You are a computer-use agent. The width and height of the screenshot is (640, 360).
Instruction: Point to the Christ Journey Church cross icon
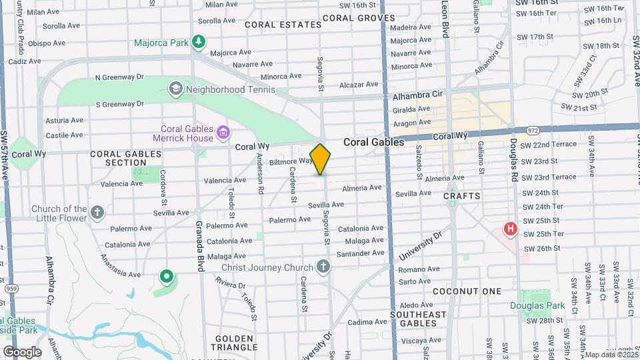pos(323,267)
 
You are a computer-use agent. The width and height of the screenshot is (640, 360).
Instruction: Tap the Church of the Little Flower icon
pos(97,213)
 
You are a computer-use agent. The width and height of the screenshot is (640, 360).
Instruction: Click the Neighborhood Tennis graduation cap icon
pos(175,88)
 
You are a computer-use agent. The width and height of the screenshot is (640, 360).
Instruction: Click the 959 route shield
pos(11,289)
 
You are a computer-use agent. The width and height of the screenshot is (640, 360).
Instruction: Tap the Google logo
pos(22,351)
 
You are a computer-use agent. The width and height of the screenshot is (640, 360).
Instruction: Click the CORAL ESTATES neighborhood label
pos(283,25)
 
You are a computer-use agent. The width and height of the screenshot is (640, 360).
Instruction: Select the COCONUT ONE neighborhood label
pos(467,291)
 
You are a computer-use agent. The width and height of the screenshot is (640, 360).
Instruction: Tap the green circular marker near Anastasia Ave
pos(166,275)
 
